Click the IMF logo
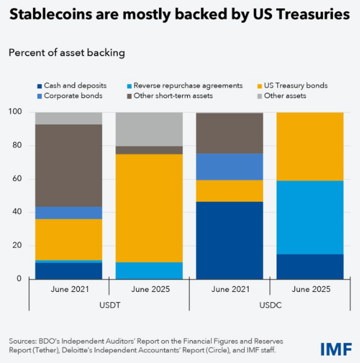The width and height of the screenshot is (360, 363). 336,348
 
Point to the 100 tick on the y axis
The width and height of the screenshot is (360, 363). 17,112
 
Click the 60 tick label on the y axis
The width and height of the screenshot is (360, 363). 19,179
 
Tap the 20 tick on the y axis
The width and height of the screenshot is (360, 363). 19,245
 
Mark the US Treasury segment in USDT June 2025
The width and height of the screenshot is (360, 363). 149,208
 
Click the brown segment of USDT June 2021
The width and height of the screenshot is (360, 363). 69,165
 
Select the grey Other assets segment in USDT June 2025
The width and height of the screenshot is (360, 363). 149,129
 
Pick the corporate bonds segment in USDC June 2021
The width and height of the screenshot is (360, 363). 230,166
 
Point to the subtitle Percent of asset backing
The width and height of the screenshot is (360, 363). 67,53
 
